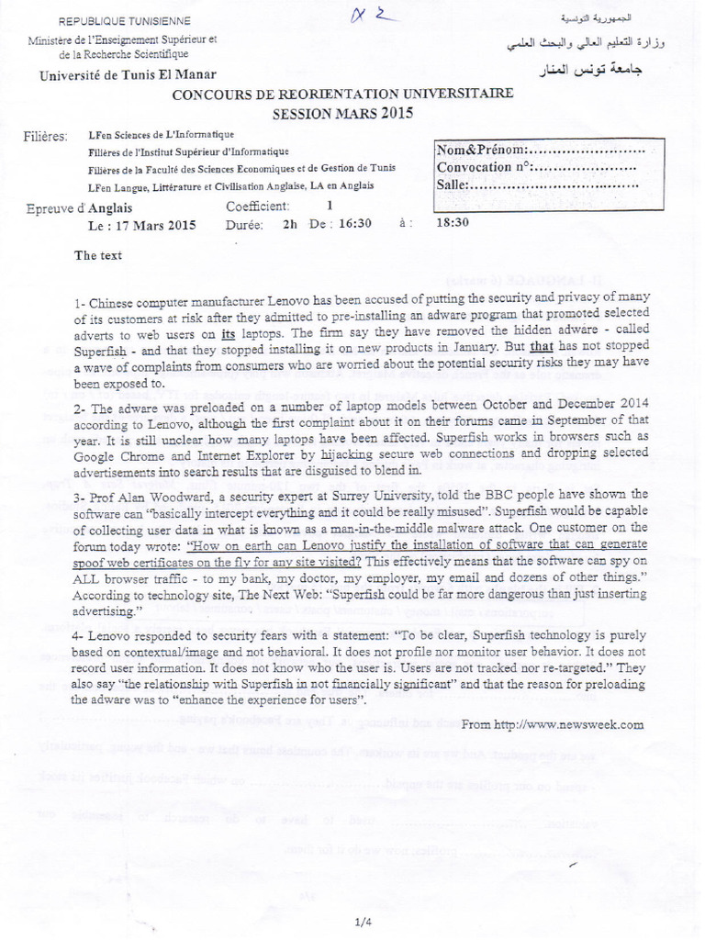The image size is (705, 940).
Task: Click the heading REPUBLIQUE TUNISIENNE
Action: pos(125,21)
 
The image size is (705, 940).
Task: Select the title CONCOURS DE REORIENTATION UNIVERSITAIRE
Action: pos(343,95)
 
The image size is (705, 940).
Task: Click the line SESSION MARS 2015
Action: pos(343,114)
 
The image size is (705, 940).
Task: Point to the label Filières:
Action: pos(46,137)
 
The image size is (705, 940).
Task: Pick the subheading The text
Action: pos(98,255)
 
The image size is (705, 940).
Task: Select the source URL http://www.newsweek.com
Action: pos(552,723)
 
